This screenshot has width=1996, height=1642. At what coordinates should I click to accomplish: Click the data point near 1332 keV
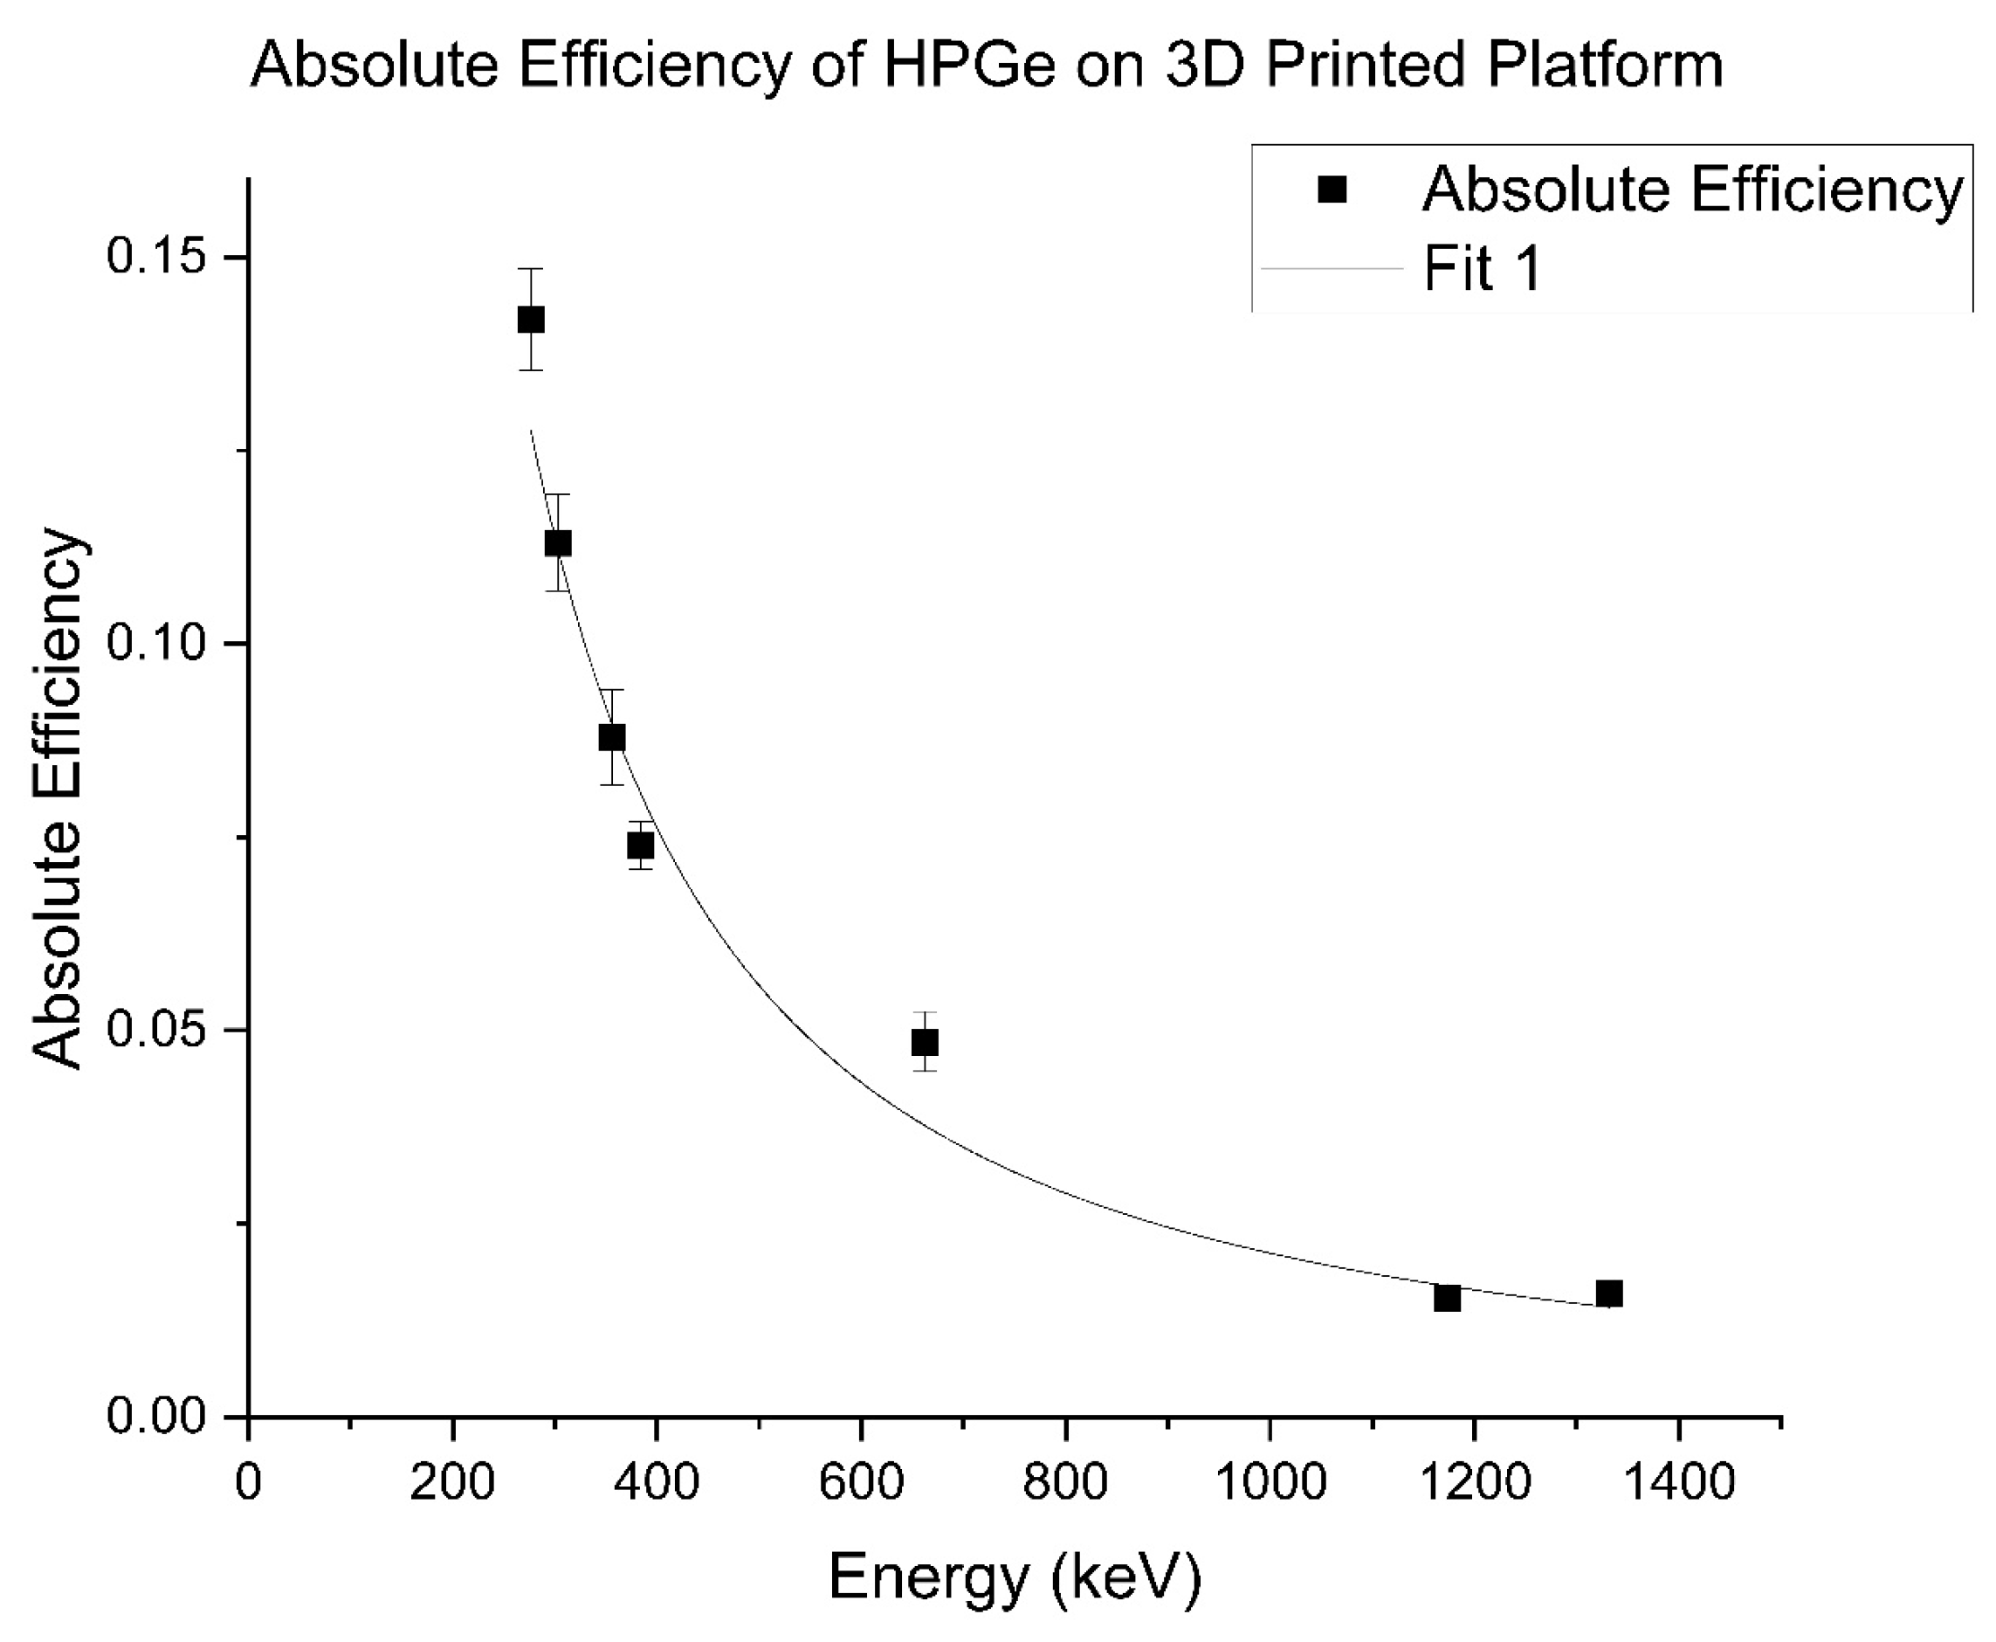1608,1293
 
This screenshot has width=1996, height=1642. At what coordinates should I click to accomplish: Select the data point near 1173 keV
1447,1298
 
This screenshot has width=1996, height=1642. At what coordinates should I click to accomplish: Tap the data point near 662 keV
925,1042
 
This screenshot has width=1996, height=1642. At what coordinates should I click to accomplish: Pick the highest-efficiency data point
532,320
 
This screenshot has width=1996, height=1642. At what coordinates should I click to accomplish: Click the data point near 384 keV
641,845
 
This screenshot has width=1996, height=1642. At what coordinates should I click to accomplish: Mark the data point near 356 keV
612,738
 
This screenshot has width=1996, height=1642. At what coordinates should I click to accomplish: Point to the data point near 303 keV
558,543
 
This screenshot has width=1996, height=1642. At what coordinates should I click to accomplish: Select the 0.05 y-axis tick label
156,1029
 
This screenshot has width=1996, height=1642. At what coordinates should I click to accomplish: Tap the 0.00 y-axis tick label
156,1416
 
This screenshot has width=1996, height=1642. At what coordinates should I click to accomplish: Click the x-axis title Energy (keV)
1015,1576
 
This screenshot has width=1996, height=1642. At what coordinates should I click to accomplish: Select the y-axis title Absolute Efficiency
59,799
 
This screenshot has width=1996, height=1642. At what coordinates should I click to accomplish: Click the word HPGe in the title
968,66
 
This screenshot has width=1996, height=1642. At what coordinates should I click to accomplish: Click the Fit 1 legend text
1483,269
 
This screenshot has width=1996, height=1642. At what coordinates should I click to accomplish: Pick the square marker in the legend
1332,190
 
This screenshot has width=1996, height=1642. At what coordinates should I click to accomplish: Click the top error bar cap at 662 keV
925,1013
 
